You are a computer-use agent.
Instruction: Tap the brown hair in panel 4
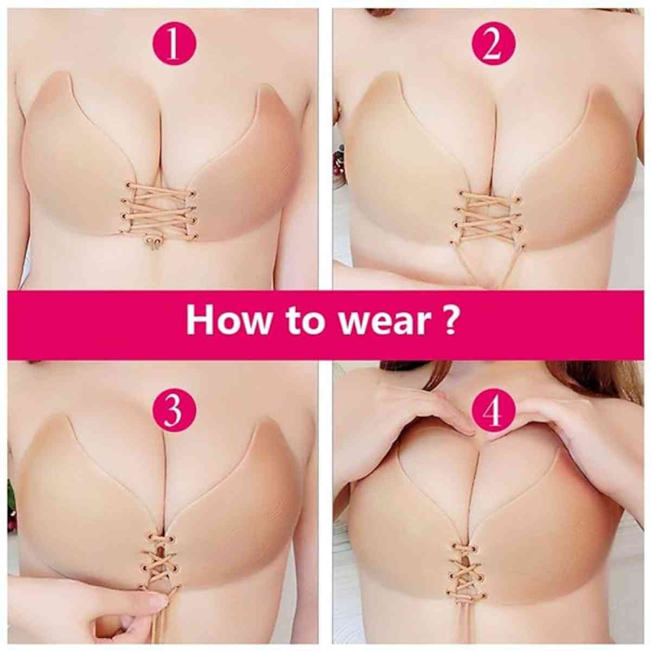click(x=597, y=380)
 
